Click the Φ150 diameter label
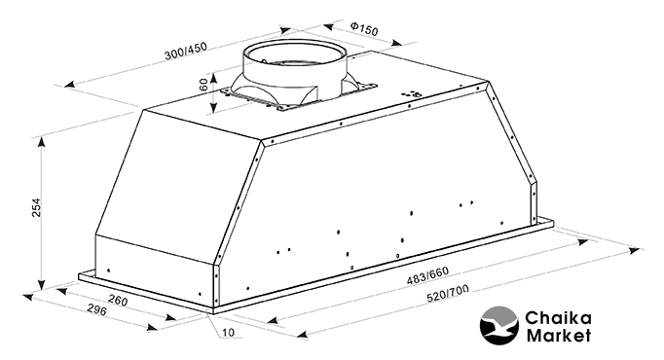coord(364,29)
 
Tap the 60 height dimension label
coord(203,85)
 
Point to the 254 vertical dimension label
coord(37,207)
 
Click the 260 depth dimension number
coord(118,300)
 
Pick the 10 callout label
coord(228,333)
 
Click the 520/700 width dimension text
coord(448,295)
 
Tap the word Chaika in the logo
coord(558,318)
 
